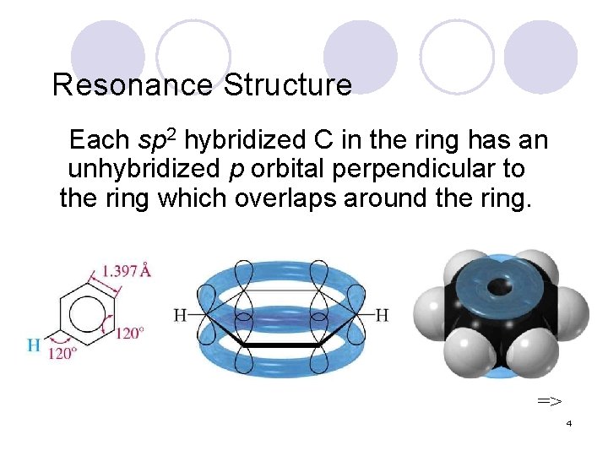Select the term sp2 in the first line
pyautogui.click(x=156, y=139)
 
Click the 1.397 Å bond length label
pyautogui.click(x=126, y=272)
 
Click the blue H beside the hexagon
pyautogui.click(x=34, y=344)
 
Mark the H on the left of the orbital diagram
pyautogui.click(x=180, y=316)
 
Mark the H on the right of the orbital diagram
pyautogui.click(x=382, y=316)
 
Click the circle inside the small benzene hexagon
pyautogui.click(x=84, y=315)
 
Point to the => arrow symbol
pyautogui.click(x=550, y=399)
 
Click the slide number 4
pyautogui.click(x=569, y=423)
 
